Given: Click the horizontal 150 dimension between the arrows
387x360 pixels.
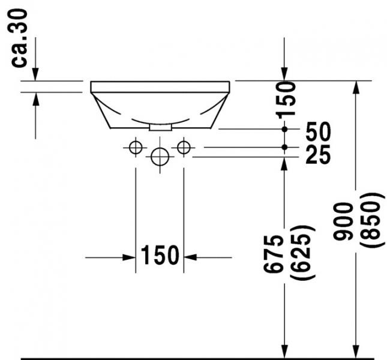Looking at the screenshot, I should (160, 256).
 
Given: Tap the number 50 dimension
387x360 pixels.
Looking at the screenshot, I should (317, 131).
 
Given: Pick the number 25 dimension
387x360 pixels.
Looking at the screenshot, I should (317, 155).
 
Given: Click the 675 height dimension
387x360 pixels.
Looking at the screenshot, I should (274, 254).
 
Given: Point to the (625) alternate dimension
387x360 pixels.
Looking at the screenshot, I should (301, 253).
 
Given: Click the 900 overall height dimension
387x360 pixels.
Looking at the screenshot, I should (344, 221).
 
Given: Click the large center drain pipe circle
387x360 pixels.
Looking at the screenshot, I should (160, 157).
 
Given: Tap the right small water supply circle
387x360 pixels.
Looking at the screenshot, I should (184, 146).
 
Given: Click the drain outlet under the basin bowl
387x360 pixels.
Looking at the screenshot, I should (160, 127).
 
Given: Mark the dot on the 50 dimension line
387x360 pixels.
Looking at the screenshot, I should (285, 129).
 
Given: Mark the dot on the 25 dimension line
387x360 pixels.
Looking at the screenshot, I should (285, 147).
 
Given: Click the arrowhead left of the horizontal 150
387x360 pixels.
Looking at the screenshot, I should (129, 257).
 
